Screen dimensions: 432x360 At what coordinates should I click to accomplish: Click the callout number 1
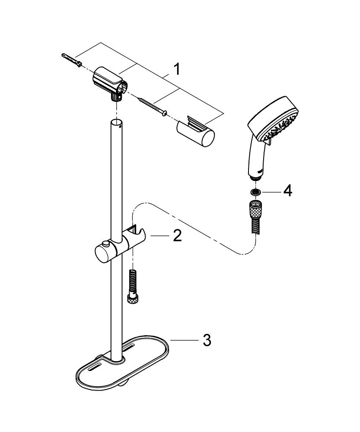tap(176, 69)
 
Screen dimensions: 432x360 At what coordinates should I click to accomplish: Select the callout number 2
tap(177, 236)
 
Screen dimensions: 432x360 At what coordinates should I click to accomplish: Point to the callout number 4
tap(287, 190)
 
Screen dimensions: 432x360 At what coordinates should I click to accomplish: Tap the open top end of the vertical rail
tap(115, 123)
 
